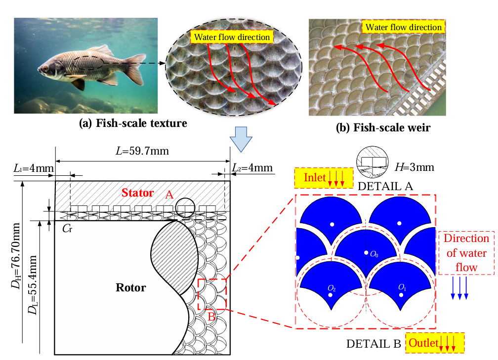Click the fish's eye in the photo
(45, 69)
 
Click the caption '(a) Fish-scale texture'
(133, 123)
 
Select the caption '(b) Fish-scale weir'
(383, 127)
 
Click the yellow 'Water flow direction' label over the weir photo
(403, 27)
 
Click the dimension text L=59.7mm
(142, 151)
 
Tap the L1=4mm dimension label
(34, 168)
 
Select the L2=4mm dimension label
(252, 167)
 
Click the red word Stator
(137, 193)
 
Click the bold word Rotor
(130, 287)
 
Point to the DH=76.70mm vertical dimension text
(16, 256)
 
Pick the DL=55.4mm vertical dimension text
(33, 285)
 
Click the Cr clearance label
(67, 228)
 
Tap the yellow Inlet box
(324, 178)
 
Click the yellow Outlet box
(435, 343)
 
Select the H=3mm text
(415, 167)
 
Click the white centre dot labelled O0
(366, 253)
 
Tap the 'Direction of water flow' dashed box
(466, 253)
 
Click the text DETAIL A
(385, 186)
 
